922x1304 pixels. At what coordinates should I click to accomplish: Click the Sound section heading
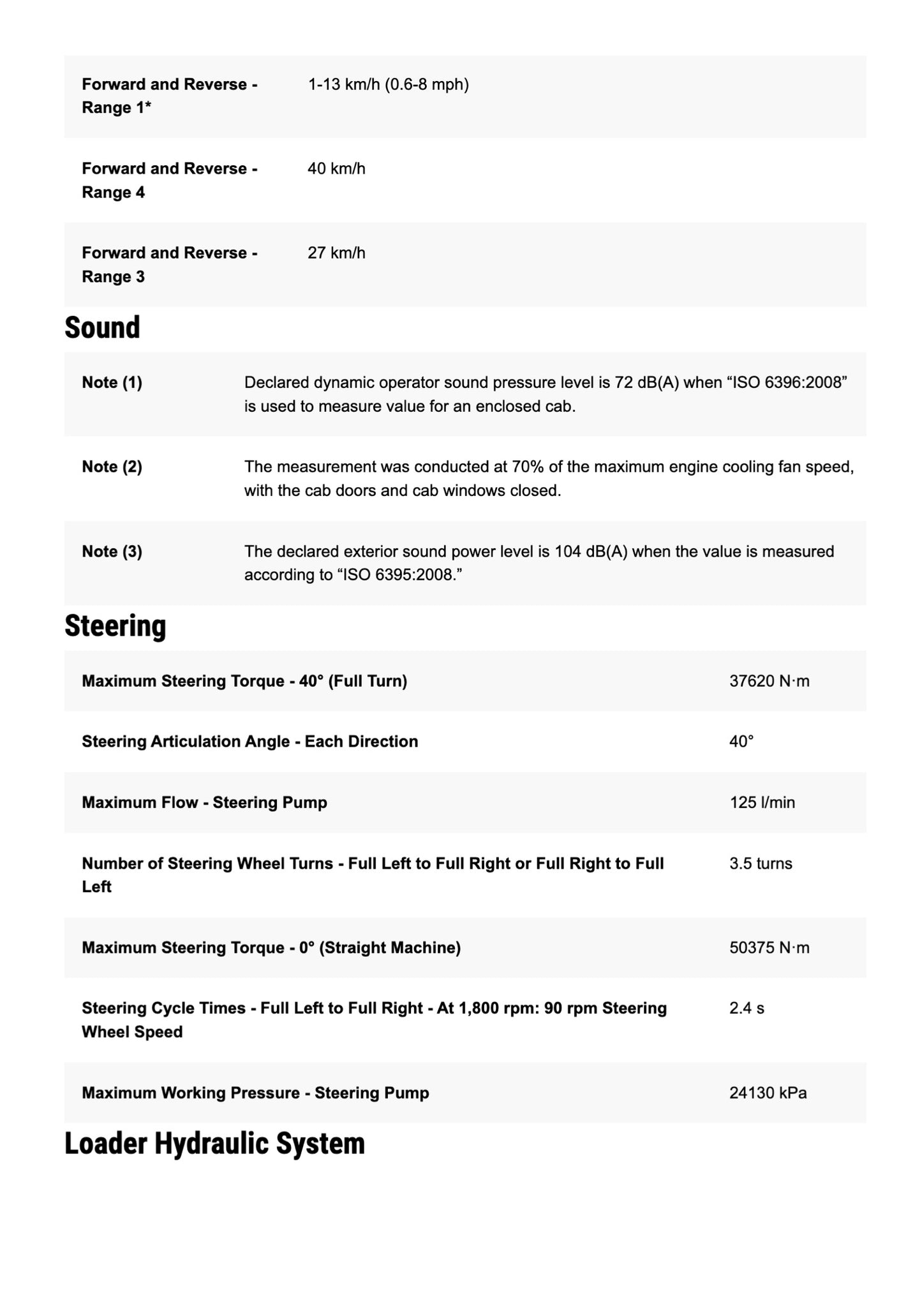pyautogui.click(x=102, y=328)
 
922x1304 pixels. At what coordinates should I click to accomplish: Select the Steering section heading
pyautogui.click(x=115, y=626)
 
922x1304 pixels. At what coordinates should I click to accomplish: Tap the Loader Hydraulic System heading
pyautogui.click(x=214, y=1143)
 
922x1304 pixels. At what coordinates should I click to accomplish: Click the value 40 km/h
pyautogui.click(x=336, y=169)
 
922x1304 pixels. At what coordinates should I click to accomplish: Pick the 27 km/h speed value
pyautogui.click(x=336, y=253)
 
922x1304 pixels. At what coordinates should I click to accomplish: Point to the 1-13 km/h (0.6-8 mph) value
pyautogui.click(x=388, y=85)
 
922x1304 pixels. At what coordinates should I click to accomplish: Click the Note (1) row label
pyautogui.click(x=112, y=383)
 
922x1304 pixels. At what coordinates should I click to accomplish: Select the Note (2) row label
pyautogui.click(x=112, y=467)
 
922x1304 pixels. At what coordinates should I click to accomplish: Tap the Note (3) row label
pyautogui.click(x=112, y=551)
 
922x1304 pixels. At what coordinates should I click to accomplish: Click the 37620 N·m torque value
pyautogui.click(x=769, y=682)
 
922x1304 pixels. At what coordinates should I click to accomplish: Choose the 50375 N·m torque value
pyautogui.click(x=769, y=948)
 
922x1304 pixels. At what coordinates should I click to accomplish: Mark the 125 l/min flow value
pyautogui.click(x=762, y=803)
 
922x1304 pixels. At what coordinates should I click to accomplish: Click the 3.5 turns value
pyautogui.click(x=761, y=864)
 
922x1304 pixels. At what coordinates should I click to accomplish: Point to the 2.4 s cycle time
pyautogui.click(x=747, y=1008)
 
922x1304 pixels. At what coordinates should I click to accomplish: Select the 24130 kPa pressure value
pyautogui.click(x=768, y=1093)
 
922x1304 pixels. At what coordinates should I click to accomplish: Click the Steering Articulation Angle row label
pyautogui.click(x=249, y=742)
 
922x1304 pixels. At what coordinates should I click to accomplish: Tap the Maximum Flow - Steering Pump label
pyautogui.click(x=204, y=803)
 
